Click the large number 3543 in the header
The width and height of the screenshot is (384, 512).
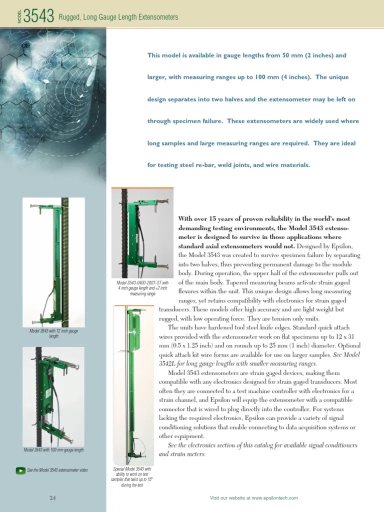point(39,17)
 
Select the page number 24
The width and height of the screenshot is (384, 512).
point(52,498)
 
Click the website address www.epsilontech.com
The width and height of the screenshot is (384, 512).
point(274,498)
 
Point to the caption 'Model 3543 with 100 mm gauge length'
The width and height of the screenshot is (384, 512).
point(53,450)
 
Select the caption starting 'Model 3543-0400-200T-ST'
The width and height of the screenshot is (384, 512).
point(142,288)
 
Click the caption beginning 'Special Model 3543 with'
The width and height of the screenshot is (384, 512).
point(132,477)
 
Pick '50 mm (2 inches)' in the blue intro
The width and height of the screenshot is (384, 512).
point(306,55)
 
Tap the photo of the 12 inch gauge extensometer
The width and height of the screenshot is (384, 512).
point(53,262)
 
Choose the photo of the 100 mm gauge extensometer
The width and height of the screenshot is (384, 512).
point(53,396)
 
